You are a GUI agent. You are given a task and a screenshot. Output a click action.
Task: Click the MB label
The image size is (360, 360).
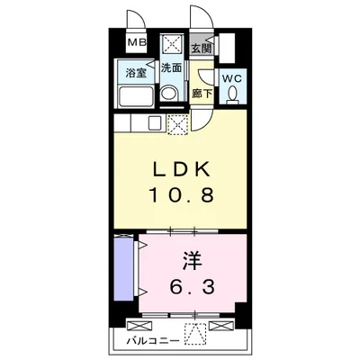138,42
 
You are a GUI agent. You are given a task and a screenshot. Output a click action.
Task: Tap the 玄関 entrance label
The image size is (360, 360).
202,48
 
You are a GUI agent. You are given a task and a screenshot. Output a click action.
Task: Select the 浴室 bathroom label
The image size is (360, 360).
136,73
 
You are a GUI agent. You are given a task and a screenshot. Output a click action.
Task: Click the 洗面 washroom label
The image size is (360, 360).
171,67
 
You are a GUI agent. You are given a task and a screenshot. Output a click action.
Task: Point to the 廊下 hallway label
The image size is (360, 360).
202,94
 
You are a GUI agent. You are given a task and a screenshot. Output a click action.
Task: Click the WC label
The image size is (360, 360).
232,78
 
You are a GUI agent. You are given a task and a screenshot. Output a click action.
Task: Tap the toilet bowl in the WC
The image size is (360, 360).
232,94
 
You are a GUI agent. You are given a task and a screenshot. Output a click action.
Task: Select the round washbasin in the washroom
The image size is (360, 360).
169,93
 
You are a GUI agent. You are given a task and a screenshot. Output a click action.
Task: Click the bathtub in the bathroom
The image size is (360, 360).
136,96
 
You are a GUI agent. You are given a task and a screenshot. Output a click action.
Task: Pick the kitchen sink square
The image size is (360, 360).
155,123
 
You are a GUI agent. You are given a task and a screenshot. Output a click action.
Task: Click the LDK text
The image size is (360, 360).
180,171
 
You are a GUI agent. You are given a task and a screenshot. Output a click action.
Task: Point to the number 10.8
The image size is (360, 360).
182,194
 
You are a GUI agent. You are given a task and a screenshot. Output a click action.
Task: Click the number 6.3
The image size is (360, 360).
193,286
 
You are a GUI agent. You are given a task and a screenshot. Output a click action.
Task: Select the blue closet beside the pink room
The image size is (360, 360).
124,268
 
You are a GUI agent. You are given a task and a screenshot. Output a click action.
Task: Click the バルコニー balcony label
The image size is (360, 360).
153,341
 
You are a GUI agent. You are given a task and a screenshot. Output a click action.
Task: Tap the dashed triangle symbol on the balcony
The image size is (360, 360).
195,334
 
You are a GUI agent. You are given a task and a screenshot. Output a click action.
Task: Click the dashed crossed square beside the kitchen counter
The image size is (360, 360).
177,125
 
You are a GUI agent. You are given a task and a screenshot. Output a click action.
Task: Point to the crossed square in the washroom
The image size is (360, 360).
171,44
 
